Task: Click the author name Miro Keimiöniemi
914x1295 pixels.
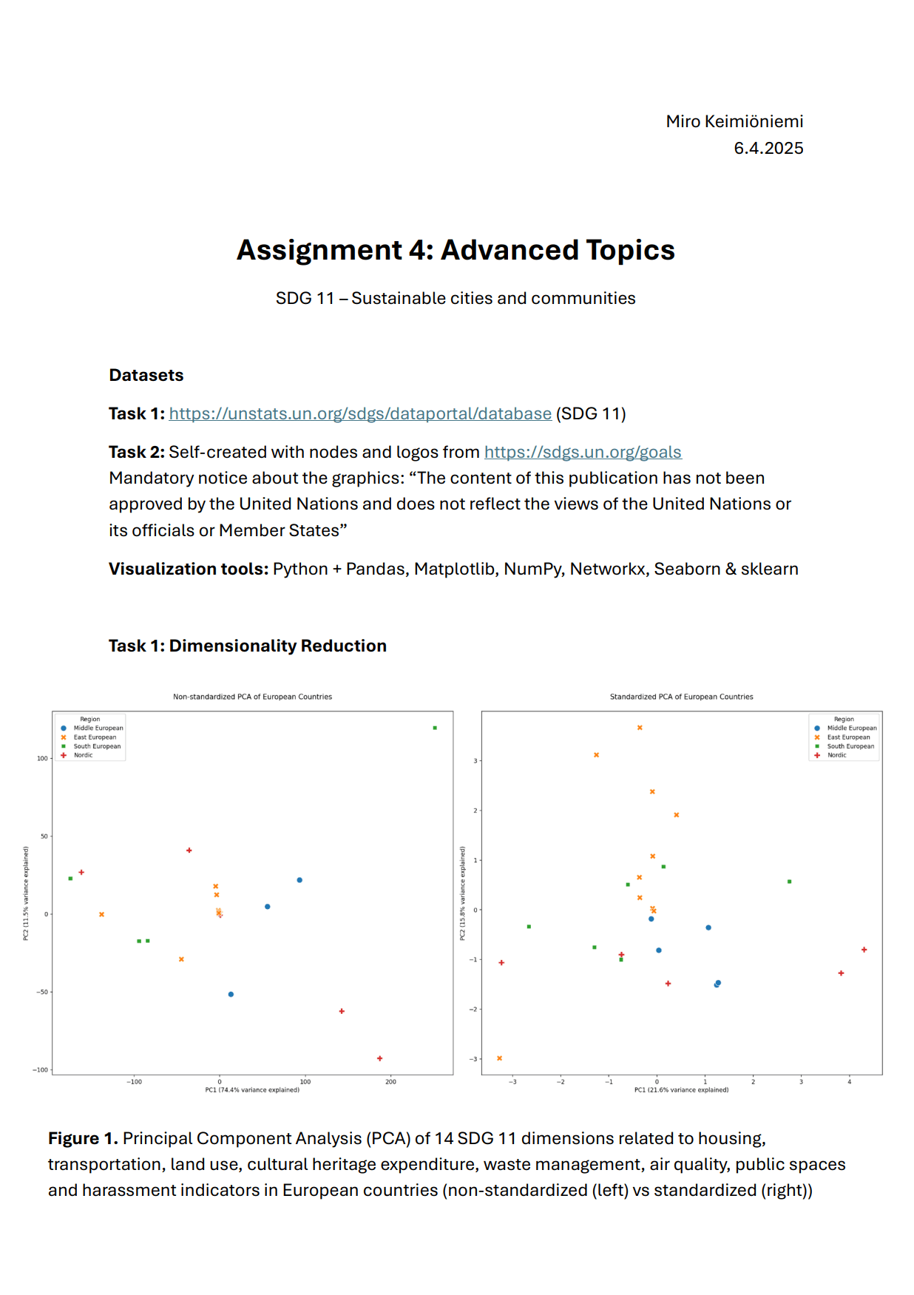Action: click(734, 121)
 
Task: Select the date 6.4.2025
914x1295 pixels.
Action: click(768, 148)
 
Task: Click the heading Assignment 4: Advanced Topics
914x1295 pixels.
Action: click(456, 250)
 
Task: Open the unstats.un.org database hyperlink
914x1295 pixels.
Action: click(360, 413)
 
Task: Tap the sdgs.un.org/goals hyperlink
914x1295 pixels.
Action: click(583, 452)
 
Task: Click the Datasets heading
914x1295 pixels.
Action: click(146, 375)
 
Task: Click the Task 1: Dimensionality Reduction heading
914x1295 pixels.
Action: click(248, 646)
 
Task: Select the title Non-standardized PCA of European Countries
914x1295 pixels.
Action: click(252, 697)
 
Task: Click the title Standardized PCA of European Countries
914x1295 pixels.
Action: click(681, 697)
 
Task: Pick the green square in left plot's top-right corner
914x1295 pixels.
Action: click(435, 728)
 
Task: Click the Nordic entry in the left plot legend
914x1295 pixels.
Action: click(84, 755)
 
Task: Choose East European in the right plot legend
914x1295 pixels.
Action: click(848, 737)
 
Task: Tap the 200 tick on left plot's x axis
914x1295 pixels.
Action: click(390, 1081)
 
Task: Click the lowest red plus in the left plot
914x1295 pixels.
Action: click(380, 1058)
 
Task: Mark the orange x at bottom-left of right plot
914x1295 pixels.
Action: click(500, 1058)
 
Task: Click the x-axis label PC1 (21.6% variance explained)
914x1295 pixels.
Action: click(681, 1089)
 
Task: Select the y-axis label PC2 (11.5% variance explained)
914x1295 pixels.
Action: click(26, 893)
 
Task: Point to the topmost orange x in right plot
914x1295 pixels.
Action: click(640, 728)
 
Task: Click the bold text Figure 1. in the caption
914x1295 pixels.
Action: click(83, 1138)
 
